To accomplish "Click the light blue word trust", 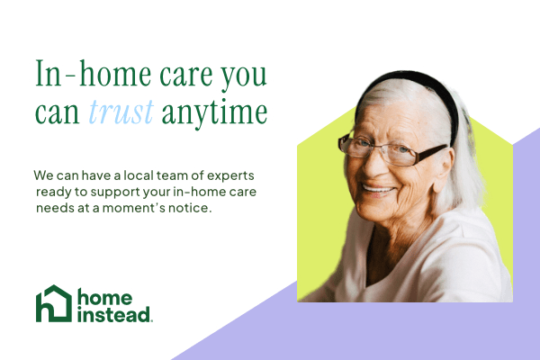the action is click(121, 112).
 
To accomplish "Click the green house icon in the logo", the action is click(54, 303).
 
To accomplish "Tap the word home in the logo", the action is click(104, 297).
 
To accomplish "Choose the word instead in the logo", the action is click(114, 314).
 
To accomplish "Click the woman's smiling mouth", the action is click(378, 190).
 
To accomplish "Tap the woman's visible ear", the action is click(444, 170).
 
